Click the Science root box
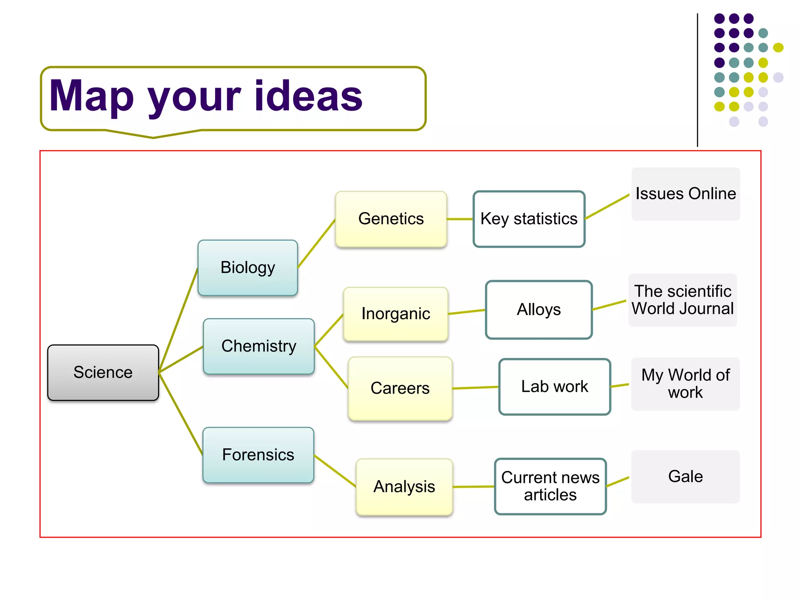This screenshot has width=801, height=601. [x=103, y=372]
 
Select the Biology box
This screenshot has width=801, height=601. [x=248, y=268]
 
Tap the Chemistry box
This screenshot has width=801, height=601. [x=259, y=346]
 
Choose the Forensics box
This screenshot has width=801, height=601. [x=258, y=455]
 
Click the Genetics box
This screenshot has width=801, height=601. [x=391, y=219]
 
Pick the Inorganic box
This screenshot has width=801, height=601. [x=395, y=314]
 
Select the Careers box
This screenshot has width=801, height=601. [x=400, y=388]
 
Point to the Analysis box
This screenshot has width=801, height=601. [x=404, y=487]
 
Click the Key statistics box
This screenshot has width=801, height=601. [x=529, y=219]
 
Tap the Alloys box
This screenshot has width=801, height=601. [x=539, y=309]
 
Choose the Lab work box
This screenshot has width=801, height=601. [x=554, y=387]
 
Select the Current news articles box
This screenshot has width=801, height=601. [x=550, y=486]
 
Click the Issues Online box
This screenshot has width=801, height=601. [x=685, y=194]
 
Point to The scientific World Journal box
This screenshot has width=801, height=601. [x=682, y=300]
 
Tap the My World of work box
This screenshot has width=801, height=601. [x=685, y=384]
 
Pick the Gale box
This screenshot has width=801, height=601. [x=685, y=477]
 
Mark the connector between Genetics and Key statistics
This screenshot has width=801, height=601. [x=460, y=219]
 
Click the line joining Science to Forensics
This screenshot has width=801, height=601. [x=181, y=413]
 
